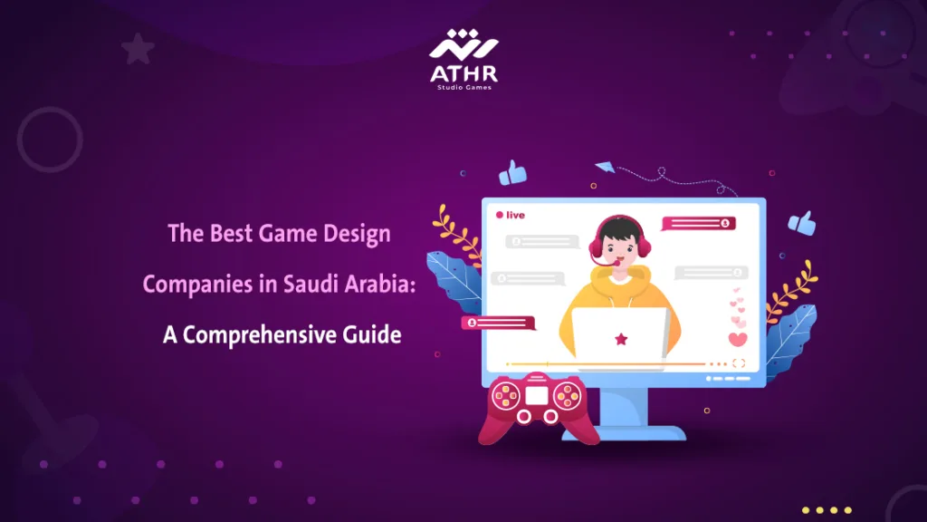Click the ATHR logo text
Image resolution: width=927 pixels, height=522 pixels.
pyautogui.click(x=463, y=72)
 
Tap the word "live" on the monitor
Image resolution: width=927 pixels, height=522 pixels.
pyautogui.click(x=515, y=215)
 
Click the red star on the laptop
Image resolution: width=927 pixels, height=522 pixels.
pyautogui.click(x=621, y=339)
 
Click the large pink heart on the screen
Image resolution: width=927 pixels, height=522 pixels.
pyautogui.click(x=738, y=340)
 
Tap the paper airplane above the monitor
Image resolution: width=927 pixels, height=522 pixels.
pyautogui.click(x=605, y=166)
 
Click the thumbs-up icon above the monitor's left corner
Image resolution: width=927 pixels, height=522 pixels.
pyautogui.click(x=513, y=171)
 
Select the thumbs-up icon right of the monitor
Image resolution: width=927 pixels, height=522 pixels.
pyautogui.click(x=801, y=221)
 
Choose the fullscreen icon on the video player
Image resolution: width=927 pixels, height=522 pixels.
pyautogui.click(x=739, y=363)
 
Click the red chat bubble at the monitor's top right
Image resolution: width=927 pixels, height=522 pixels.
pyautogui.click(x=699, y=223)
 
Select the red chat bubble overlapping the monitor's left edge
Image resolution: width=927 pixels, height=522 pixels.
pyautogui.click(x=499, y=322)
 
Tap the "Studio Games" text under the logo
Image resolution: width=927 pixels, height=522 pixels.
pyautogui.click(x=463, y=89)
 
